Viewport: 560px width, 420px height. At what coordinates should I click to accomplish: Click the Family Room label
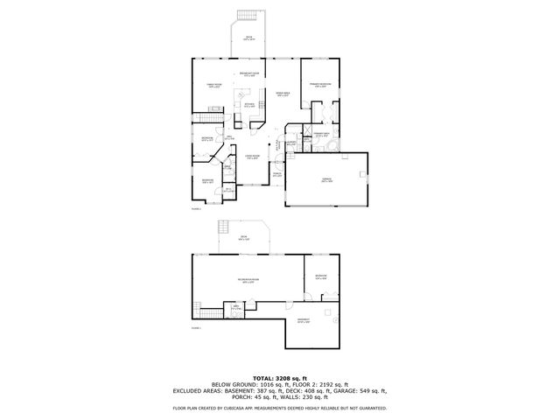pos(213,85)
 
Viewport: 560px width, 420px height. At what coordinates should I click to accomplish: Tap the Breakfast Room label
pos(249,75)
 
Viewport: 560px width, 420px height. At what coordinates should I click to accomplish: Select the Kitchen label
pos(249,104)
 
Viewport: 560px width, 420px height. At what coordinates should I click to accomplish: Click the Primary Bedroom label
pos(321,85)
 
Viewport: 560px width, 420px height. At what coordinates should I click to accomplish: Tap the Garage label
pos(325,181)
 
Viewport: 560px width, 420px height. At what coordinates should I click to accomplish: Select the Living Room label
pos(252,157)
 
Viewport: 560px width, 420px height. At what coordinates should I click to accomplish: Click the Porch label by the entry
pos(276,174)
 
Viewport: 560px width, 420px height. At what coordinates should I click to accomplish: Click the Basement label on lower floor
pos(303,319)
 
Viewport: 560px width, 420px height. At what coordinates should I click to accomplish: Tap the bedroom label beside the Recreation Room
pos(321,276)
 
